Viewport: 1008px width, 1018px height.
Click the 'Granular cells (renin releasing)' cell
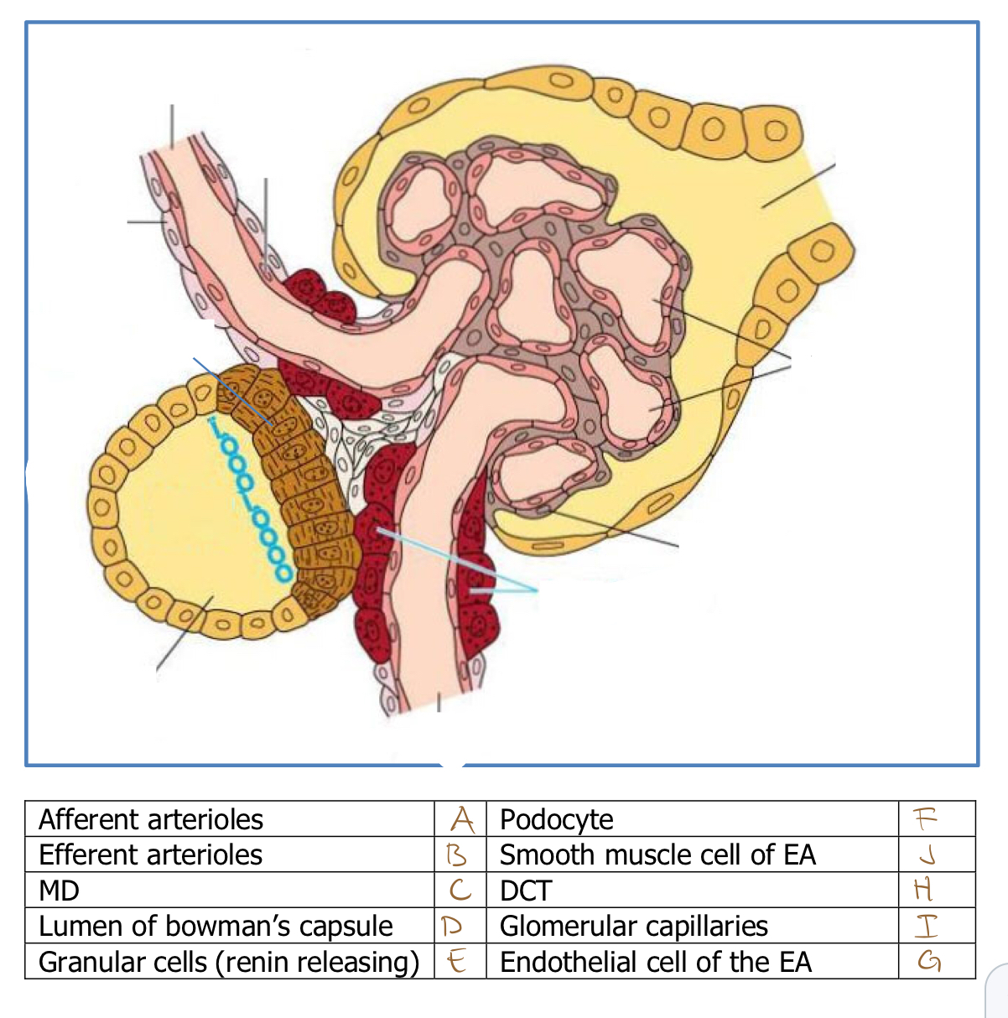pyautogui.click(x=228, y=962)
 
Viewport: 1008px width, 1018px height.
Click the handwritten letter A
pyautogui.click(x=461, y=819)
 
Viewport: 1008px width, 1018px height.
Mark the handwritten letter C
pyautogui.click(x=460, y=890)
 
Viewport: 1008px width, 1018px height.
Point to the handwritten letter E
pyautogui.click(x=457, y=961)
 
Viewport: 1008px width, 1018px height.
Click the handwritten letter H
pyautogui.click(x=923, y=889)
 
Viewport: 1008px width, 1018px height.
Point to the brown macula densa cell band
pyautogui.click(x=298, y=478)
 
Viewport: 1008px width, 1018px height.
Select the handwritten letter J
pyautogui.click(x=926, y=854)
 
